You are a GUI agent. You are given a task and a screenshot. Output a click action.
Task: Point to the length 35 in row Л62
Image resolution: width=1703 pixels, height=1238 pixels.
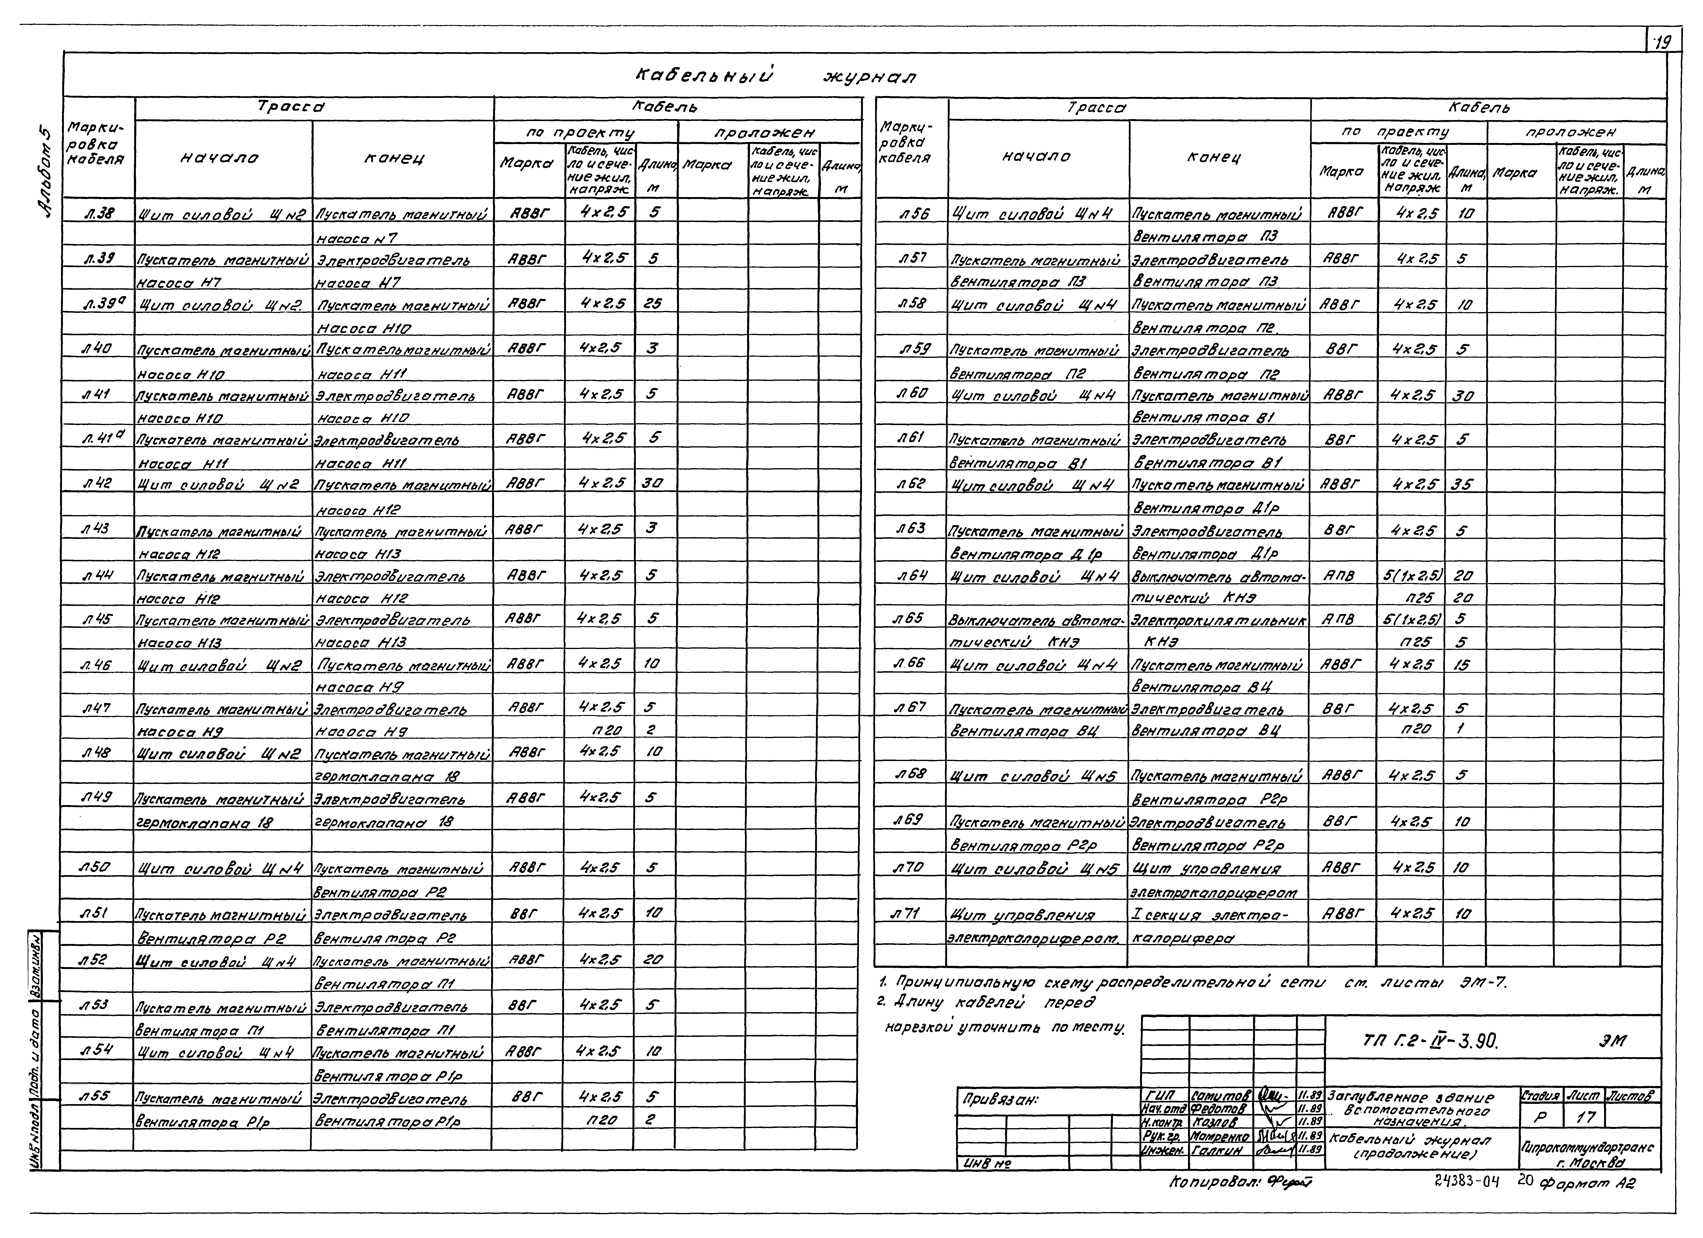[x=1461, y=485]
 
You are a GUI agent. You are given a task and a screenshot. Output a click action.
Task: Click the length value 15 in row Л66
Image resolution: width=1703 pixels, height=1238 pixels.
[x=1461, y=665]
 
